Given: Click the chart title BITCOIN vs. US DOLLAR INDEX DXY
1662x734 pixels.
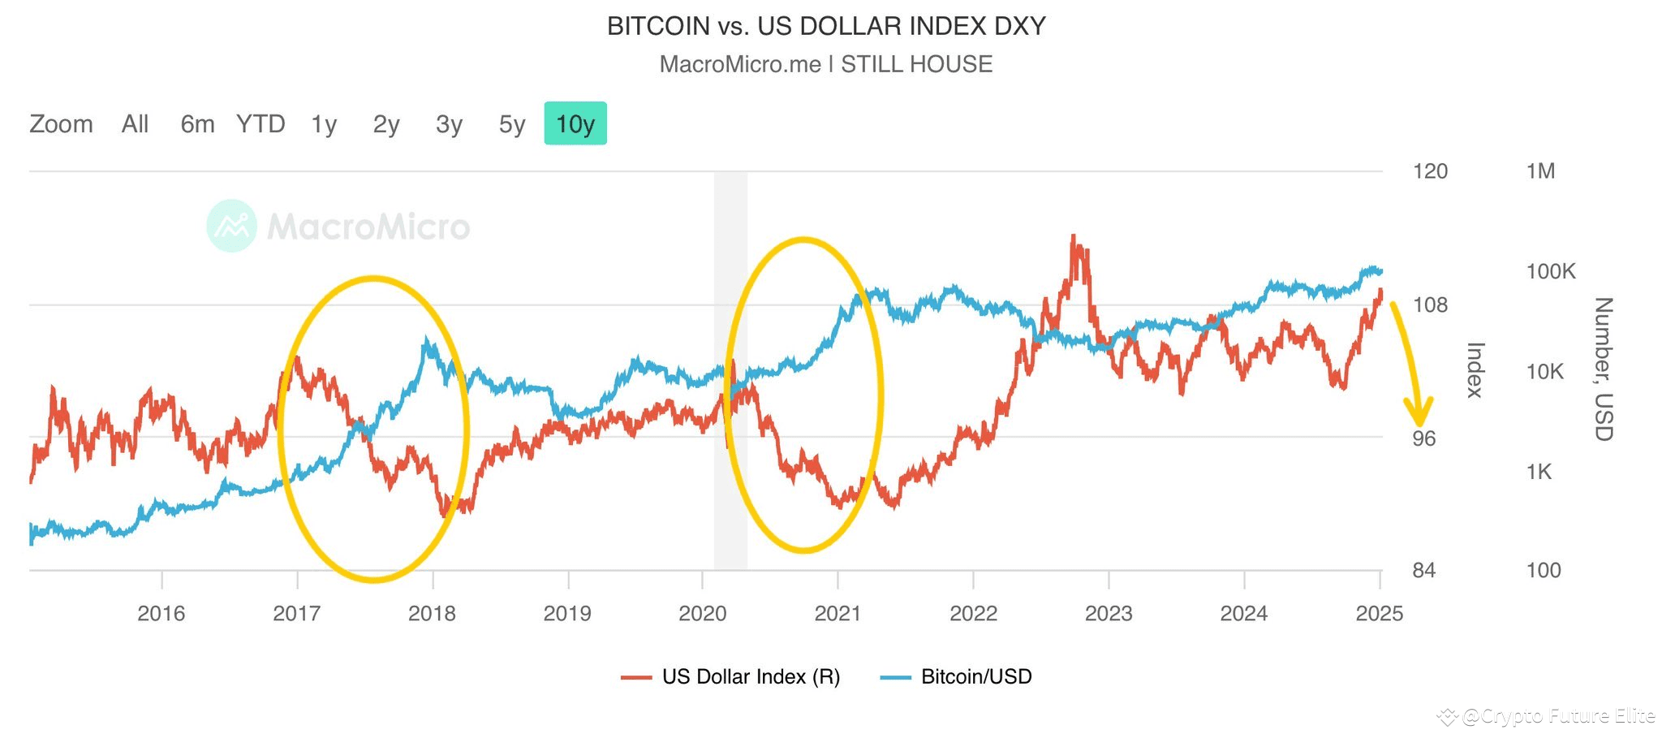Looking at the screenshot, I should tap(826, 26).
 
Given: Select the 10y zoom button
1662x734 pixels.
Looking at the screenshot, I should tap(575, 124).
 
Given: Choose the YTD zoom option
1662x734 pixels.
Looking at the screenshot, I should tap(260, 124).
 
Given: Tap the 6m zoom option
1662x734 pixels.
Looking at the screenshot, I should tap(197, 124).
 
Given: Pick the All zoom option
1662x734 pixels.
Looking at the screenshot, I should tap(135, 124).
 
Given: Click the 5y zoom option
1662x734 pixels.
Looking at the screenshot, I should tap(512, 124).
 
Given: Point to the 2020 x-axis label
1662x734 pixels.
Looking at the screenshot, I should tap(702, 613).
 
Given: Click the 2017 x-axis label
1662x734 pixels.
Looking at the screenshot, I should tap(296, 613).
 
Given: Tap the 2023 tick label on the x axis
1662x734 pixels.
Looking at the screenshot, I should tap(1109, 613).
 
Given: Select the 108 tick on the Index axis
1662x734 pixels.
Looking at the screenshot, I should tap(1430, 305).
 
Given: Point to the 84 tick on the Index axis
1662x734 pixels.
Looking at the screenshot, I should tap(1423, 571).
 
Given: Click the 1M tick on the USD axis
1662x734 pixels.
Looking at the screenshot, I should tap(1540, 171).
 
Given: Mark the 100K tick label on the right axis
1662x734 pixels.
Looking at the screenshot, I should tap(1550, 271).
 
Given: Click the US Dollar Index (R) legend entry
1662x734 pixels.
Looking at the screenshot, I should tap(731, 676).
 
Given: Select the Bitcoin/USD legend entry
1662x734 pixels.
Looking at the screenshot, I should tap(957, 676).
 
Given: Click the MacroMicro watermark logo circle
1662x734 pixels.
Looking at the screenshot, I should tap(232, 226).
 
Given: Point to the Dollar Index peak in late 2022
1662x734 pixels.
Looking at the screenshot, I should tap(1074, 237).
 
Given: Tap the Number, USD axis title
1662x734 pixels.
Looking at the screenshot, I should tap(1604, 369).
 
